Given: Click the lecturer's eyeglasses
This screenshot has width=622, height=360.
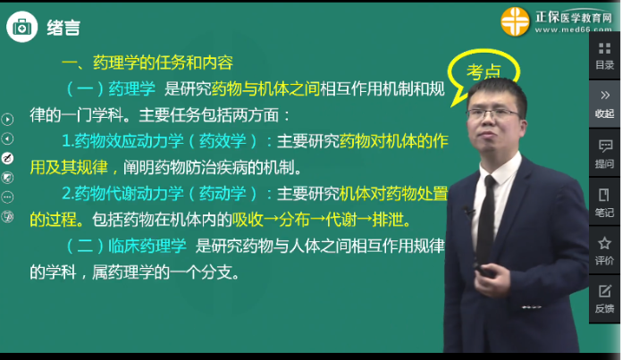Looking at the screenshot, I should (492, 113).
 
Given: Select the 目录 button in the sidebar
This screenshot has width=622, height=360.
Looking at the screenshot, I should (605, 55).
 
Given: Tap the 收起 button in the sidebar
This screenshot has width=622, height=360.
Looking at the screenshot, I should (605, 103).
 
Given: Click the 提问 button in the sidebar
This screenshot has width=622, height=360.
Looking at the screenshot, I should (605, 153).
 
